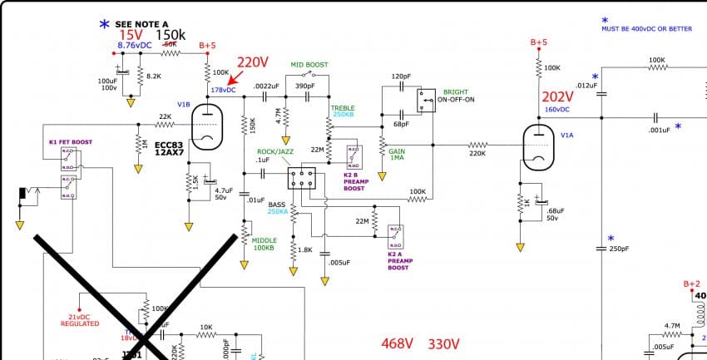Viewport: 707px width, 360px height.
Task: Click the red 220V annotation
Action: tap(253, 62)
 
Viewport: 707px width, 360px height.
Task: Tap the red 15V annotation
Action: tap(131, 35)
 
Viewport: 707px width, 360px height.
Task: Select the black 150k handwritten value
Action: tap(171, 35)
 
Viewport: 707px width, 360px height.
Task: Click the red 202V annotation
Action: tap(558, 96)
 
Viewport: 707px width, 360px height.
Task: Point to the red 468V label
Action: tap(398, 344)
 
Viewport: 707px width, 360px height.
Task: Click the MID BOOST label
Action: tap(309, 64)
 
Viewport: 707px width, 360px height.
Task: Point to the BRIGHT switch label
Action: tap(456, 92)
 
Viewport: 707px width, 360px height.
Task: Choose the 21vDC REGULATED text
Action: tap(80, 320)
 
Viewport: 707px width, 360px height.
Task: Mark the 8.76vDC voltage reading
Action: tap(136, 45)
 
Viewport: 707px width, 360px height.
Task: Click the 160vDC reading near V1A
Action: tap(556, 110)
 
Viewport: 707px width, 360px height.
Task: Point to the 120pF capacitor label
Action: tap(401, 76)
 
